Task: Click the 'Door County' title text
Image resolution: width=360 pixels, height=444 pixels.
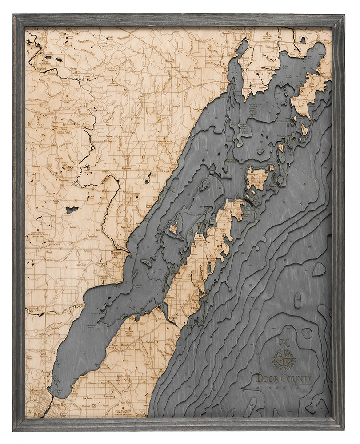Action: [284, 379]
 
